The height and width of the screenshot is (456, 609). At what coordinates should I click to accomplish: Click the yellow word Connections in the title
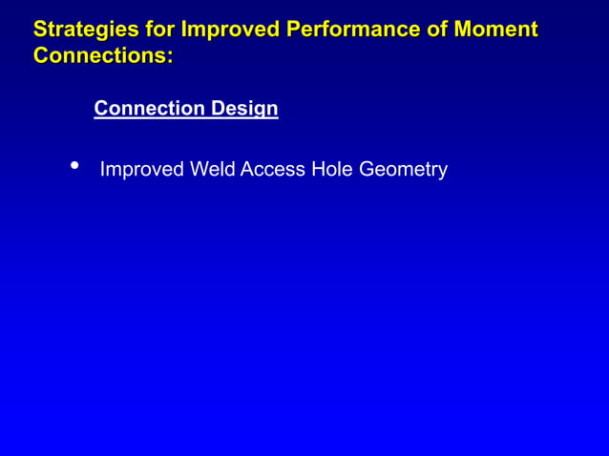pos(99,56)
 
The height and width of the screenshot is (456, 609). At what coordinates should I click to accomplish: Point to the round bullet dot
pos(74,167)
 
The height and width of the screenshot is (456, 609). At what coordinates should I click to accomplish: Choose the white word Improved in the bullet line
pos(141,170)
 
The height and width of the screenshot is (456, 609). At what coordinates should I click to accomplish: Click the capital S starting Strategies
pos(41,30)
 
